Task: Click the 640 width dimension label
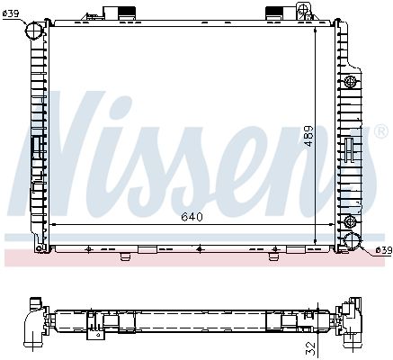point(192,217)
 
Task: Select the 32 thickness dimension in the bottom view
point(312,348)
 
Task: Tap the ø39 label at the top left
point(11,13)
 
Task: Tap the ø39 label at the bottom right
point(384,250)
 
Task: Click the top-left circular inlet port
point(33,29)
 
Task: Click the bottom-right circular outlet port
point(352,240)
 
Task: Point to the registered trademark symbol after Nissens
point(381,131)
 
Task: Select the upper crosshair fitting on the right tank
point(350,81)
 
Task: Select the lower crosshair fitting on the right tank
point(350,221)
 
